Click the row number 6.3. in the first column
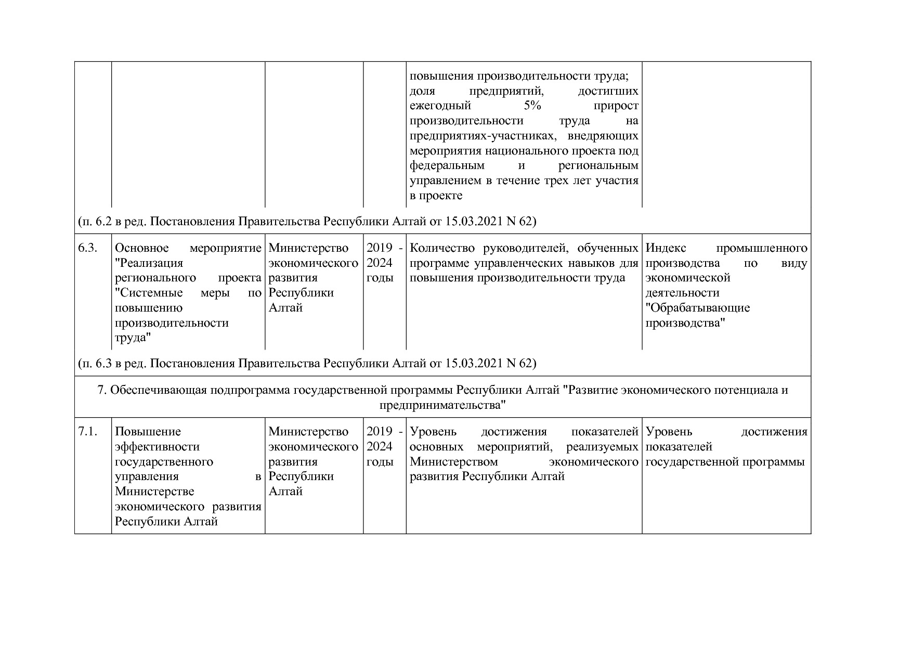click(87, 248)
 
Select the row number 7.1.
click(87, 432)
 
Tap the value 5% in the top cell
click(532, 106)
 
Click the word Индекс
click(666, 248)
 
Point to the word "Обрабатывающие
click(698, 308)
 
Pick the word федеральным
click(447, 166)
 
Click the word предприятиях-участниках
click(483, 136)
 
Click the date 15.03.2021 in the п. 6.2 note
click(474, 222)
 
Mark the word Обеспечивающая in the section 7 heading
click(159, 390)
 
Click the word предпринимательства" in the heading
click(442, 405)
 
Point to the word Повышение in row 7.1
click(148, 432)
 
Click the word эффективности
click(157, 447)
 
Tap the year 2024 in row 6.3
click(380, 263)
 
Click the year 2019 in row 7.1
click(380, 432)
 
